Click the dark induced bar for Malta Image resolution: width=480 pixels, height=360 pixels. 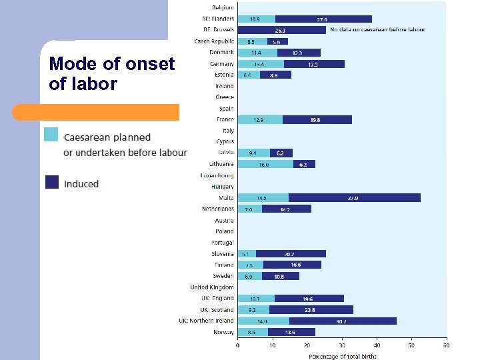[x=354, y=198]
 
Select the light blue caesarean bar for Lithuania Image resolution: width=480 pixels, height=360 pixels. [x=265, y=164]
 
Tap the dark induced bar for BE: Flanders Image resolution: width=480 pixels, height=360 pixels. [x=323, y=19]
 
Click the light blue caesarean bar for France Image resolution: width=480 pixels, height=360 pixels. [x=260, y=120]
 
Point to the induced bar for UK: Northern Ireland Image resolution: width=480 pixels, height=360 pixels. [x=343, y=321]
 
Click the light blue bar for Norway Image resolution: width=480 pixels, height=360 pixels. [x=253, y=332]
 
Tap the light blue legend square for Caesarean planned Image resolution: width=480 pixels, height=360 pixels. [x=51, y=135]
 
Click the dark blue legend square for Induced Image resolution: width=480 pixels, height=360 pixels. [x=51, y=182]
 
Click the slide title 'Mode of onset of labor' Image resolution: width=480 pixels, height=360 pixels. [x=111, y=74]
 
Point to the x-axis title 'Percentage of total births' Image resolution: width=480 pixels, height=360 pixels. [x=342, y=356]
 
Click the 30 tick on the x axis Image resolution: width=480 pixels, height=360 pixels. [x=342, y=345]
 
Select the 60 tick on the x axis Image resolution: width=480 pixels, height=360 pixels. [x=446, y=345]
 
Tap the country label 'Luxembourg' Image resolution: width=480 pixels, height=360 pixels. [x=217, y=175]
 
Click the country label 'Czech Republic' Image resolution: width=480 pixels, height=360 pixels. [x=213, y=41]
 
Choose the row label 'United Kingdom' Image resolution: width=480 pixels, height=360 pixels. [x=212, y=287]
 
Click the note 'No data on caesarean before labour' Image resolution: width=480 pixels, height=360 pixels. [x=379, y=30]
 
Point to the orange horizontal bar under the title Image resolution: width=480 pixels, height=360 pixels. [x=110, y=112]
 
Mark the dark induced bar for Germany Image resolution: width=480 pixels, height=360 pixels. [x=314, y=64]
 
